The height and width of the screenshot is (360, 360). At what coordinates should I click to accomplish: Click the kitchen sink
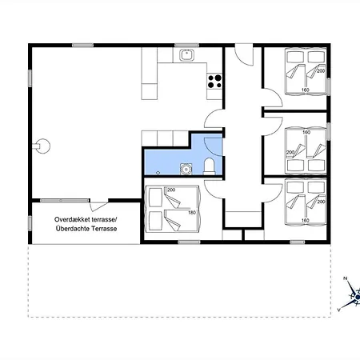pyautogui.click(x=186, y=55)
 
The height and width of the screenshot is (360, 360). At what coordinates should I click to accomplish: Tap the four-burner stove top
pyautogui.click(x=214, y=82)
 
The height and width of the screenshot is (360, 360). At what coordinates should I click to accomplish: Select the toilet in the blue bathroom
pyautogui.click(x=210, y=166)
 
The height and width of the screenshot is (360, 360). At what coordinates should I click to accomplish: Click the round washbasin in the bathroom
pyautogui.click(x=186, y=169)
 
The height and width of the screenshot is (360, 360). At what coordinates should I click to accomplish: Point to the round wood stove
pyautogui.click(x=42, y=146)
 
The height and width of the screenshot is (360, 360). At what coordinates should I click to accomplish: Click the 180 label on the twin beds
pyautogui.click(x=192, y=213)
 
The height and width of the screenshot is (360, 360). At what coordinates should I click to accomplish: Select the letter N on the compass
pyautogui.click(x=345, y=278)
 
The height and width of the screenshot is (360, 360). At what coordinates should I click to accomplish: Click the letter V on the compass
pyautogui.click(x=338, y=310)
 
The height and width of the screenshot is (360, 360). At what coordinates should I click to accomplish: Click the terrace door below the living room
pyautogui.click(x=98, y=206)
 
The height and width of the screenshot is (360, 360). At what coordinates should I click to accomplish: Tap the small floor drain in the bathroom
pyautogui.click(x=158, y=173)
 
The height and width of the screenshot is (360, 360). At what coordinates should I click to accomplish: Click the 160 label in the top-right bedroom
pyautogui.click(x=305, y=90)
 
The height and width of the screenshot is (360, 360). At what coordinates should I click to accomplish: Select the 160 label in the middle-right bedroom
pyautogui.click(x=306, y=132)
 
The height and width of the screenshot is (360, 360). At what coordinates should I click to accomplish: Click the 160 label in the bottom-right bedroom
pyautogui.click(x=305, y=220)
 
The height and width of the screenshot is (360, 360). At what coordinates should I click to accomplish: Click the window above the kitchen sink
pyautogui.click(x=186, y=46)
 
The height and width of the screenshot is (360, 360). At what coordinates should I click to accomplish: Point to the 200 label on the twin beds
pyautogui.click(x=171, y=190)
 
